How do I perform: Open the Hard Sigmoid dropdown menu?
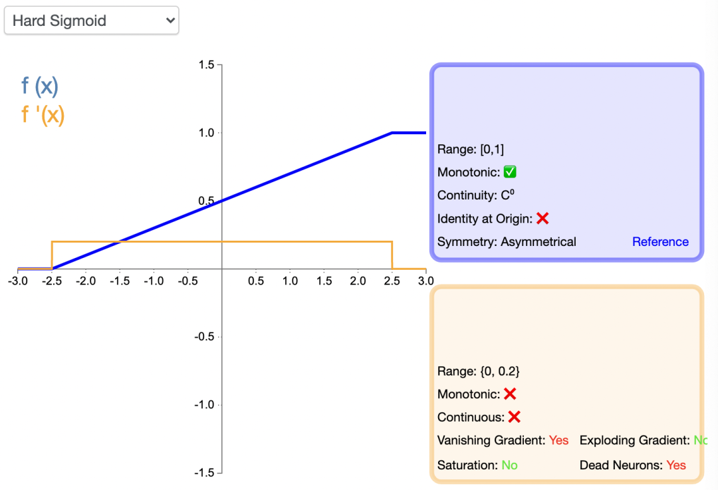[91, 21]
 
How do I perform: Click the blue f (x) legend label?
[40, 86]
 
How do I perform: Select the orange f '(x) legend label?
[43, 114]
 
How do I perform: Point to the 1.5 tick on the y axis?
[207, 65]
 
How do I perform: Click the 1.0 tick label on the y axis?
[207, 133]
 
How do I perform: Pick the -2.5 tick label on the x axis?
[51, 281]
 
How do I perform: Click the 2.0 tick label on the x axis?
[358, 281]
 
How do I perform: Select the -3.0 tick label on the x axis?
[17, 281]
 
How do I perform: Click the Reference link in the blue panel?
[660, 242]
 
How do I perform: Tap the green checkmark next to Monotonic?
[510, 172]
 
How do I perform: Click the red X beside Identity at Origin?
[542, 218]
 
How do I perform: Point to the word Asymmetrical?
[538, 242]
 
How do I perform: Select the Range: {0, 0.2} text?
[479, 372]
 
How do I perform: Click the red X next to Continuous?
[514, 417]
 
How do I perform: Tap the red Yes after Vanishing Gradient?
[559, 440]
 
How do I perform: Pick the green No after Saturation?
[509, 465]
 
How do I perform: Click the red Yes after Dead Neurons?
[676, 465]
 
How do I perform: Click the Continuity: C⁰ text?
[477, 195]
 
